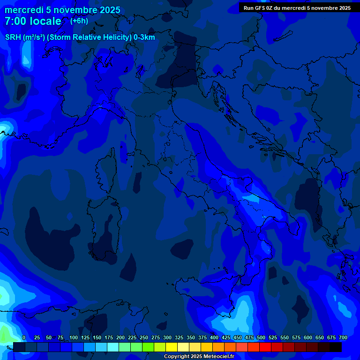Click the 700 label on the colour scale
[343, 337]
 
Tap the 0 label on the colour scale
[24, 337]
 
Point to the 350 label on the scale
[191, 337]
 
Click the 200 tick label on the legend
[120, 337]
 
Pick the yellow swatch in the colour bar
[172, 347]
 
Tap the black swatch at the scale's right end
[336, 347]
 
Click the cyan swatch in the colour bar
[113, 347]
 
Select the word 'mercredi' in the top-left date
[24, 10]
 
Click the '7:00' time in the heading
[15, 21]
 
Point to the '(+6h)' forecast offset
[79, 21]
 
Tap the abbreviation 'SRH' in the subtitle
[14, 37]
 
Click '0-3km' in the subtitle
[144, 37]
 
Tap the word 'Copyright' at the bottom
[177, 356]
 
